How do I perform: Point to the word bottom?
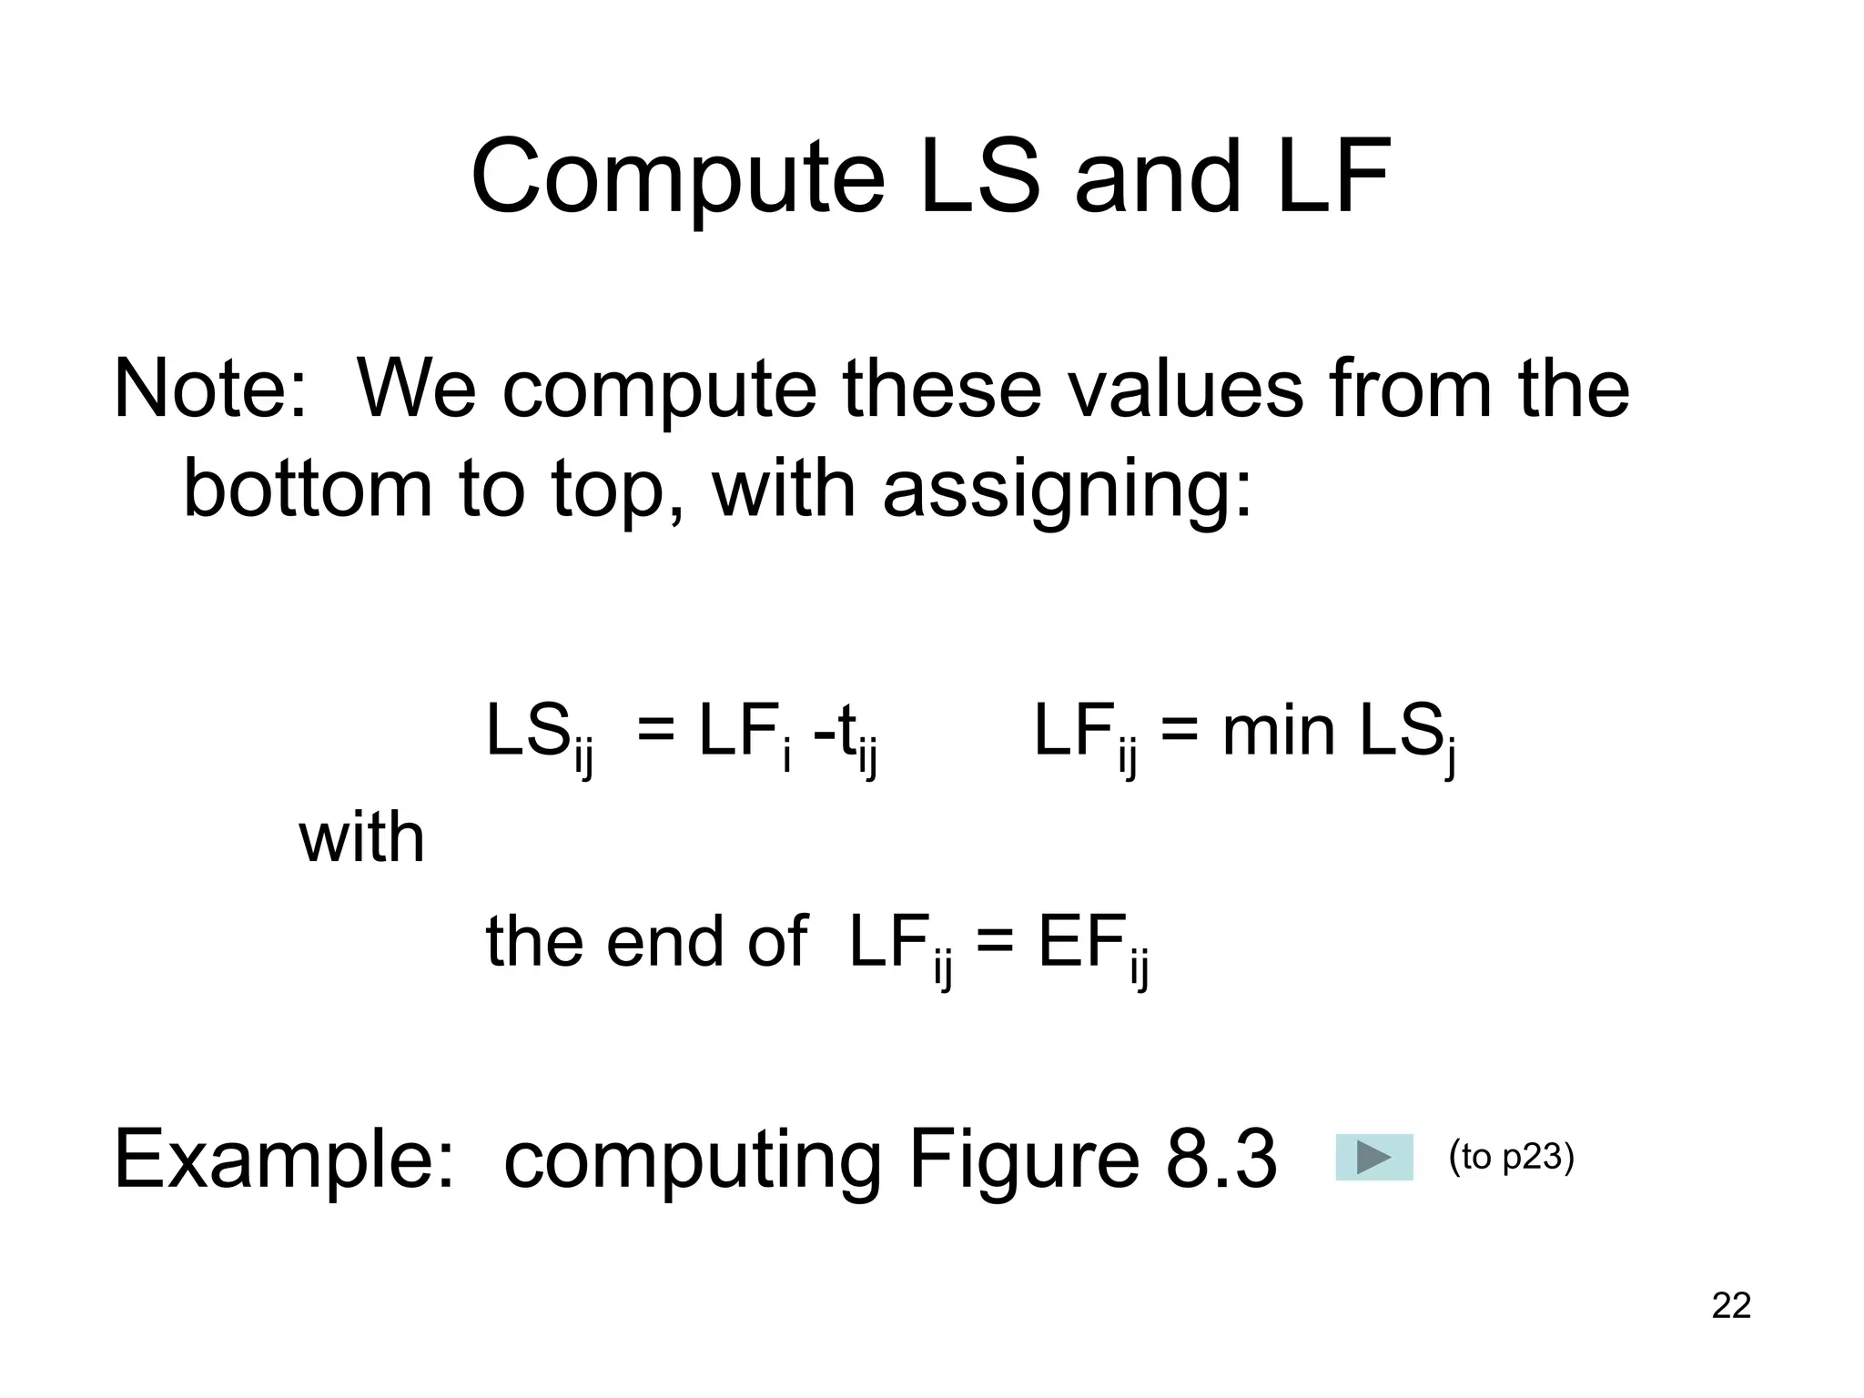(x=308, y=489)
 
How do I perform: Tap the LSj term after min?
(x=1406, y=735)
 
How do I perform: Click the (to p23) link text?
(x=1511, y=1157)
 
